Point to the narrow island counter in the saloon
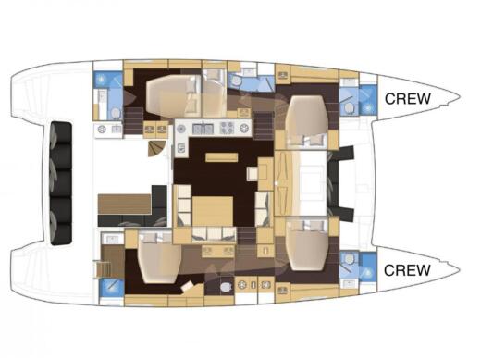point(220,156)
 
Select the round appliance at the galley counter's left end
point(179,128)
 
